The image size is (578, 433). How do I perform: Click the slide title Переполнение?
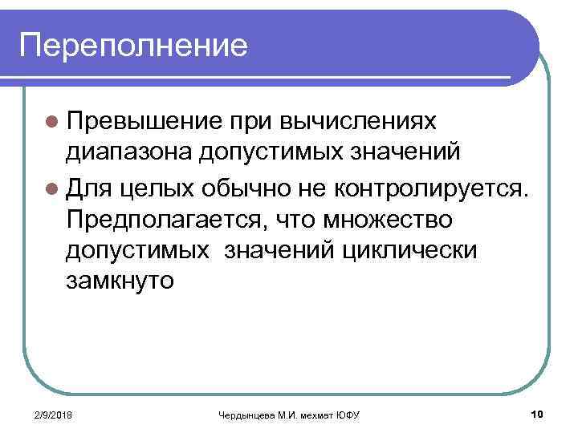pyautogui.click(x=134, y=45)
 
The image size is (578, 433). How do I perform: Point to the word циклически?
pyautogui.click(x=409, y=250)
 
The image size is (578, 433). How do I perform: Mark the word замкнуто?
pyautogui.click(x=120, y=282)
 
